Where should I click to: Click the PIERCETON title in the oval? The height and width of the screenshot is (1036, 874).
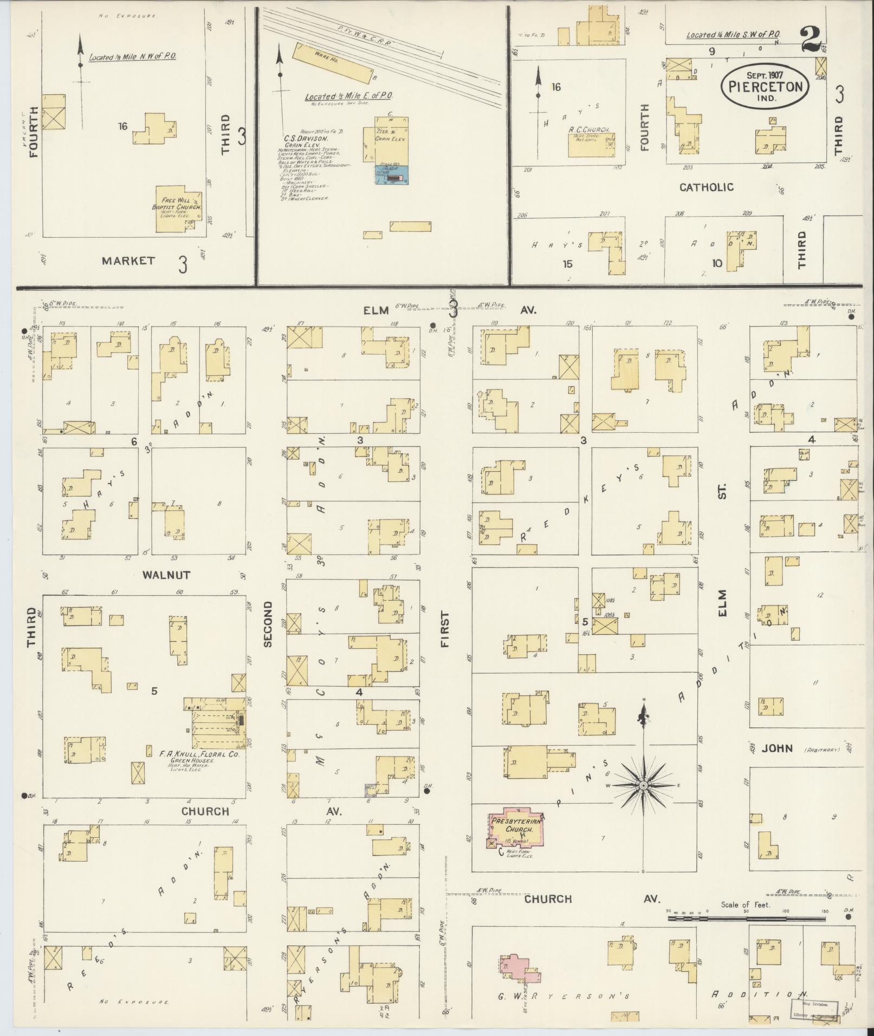765,87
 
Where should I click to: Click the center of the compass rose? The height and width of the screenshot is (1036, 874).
643,785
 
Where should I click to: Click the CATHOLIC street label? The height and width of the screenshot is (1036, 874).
707,187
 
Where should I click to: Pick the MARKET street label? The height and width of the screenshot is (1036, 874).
128,260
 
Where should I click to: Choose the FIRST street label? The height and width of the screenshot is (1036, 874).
445,630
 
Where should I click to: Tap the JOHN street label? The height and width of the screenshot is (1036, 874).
777,748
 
